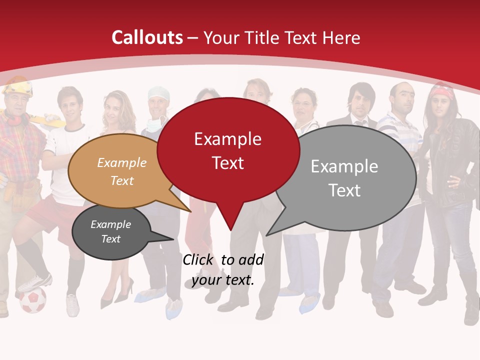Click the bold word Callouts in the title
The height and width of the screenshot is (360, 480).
pos(147,37)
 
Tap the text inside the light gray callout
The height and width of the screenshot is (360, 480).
pos(344,178)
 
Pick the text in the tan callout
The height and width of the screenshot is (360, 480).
pos(122,171)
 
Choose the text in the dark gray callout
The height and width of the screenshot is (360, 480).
pos(110,231)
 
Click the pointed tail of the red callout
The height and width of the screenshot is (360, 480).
pos(230,227)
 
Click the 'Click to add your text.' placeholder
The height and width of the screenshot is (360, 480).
pos(223,269)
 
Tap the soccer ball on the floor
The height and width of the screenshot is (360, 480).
pos(32,300)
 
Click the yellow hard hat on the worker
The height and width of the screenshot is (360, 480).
pos(18,86)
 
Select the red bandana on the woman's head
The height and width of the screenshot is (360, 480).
pos(442,91)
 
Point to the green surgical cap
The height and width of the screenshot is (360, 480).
pos(159,92)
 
